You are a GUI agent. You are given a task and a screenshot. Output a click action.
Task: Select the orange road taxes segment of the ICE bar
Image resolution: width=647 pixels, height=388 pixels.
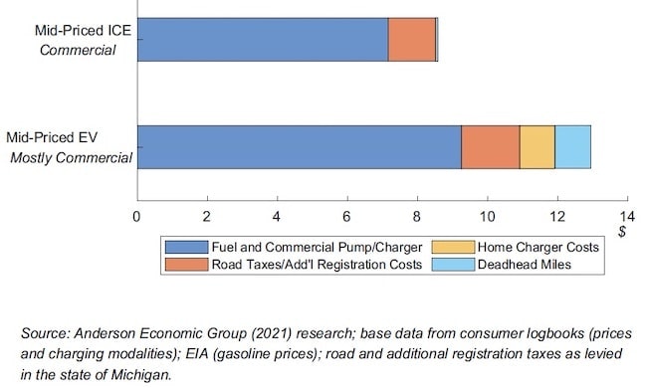point(411,40)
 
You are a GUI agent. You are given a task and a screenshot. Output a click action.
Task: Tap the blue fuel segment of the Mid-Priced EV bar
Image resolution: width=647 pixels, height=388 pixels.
point(299,147)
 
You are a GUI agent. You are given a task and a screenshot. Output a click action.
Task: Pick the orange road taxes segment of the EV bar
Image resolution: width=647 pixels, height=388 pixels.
point(490,147)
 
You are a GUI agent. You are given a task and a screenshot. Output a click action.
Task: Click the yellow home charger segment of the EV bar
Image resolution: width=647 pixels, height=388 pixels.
point(537,147)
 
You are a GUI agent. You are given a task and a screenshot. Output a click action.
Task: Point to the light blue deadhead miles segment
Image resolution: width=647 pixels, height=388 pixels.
point(572,147)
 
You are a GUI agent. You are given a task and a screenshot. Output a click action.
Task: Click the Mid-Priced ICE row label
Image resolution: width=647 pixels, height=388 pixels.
point(85,31)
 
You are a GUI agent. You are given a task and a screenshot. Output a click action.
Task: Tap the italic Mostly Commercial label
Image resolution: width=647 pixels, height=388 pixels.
point(71,157)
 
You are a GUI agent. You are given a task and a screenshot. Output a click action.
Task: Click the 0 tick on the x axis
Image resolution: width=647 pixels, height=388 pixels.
point(137,216)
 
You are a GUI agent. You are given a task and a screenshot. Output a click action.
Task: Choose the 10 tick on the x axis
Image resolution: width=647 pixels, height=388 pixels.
point(487,216)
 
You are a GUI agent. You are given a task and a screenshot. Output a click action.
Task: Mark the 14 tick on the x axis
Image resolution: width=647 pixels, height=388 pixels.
point(626,216)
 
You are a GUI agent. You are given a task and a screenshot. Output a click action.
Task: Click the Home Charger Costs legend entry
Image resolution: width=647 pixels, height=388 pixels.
point(538,247)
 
